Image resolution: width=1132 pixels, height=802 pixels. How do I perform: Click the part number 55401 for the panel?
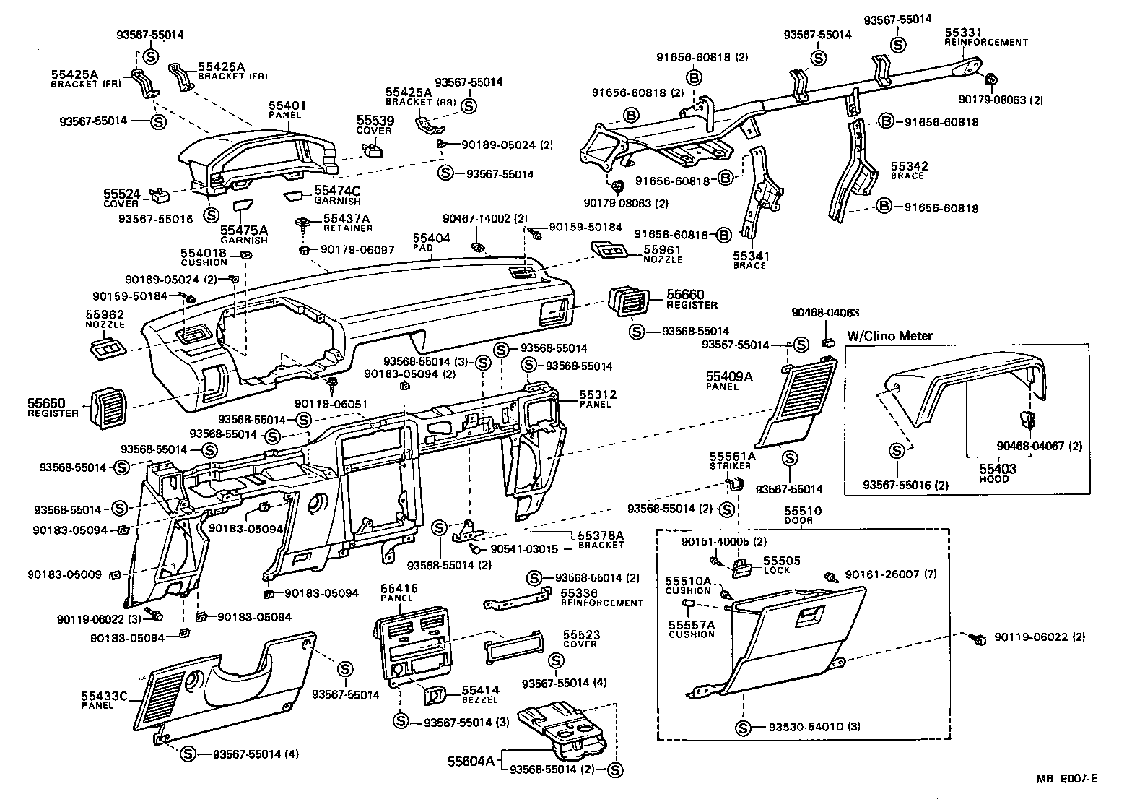click(287, 105)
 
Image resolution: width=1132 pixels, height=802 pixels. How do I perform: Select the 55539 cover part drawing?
click(373, 150)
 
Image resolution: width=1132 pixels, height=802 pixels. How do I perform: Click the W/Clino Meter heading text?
click(889, 335)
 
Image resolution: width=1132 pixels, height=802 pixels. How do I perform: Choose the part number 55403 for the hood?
click(998, 469)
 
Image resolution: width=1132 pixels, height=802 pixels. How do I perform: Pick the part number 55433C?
click(104, 696)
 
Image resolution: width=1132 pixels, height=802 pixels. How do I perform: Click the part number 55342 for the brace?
click(909, 166)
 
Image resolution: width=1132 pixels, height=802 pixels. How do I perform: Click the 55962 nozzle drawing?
click(107, 352)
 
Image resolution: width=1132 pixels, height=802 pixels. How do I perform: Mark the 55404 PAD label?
click(432, 238)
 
